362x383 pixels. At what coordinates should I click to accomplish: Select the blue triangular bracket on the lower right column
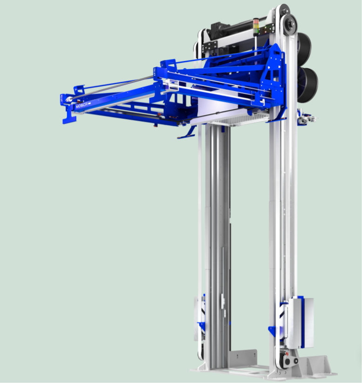273,331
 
